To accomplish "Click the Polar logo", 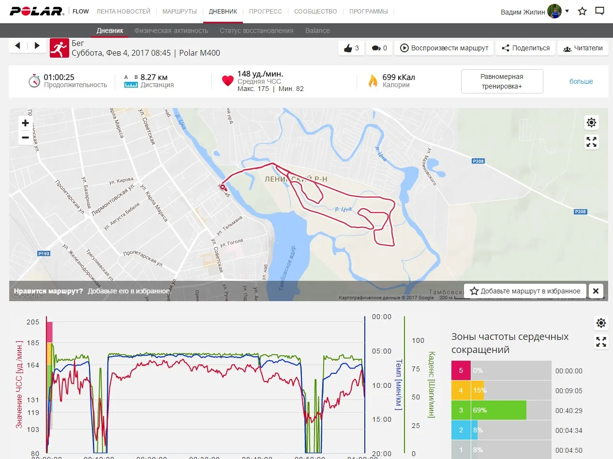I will coord(37,11).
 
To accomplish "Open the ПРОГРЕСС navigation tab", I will coord(265,11).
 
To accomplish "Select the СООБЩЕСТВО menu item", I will coord(315,11).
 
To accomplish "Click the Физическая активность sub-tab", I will coord(171,31).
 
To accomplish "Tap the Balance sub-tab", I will coord(317,31).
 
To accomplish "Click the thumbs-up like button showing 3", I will coord(351,48).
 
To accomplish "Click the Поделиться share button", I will coord(525,48).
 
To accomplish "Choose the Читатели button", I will coord(583,48).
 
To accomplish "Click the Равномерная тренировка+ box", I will coord(502,81).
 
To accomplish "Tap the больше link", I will coord(581,81).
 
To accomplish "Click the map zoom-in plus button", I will coord(25,123).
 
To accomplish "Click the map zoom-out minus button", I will coord(25,138).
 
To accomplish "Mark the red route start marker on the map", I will coord(223,186).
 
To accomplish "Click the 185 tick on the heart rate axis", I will coord(33,343).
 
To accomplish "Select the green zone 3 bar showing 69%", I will coord(498,410).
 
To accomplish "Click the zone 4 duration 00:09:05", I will coord(569,391).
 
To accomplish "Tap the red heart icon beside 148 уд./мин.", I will coord(228,81).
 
